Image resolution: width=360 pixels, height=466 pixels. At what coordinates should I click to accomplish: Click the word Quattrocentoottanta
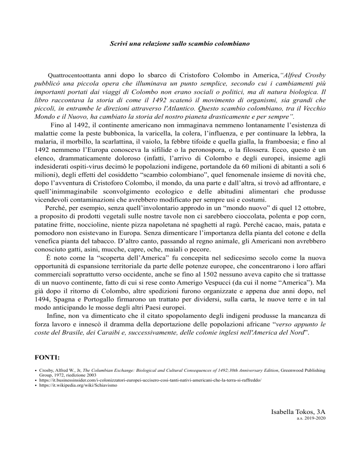coord(75,75)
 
